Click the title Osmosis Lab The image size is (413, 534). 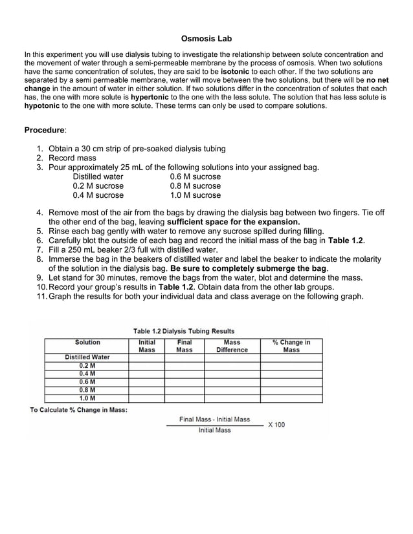point(206,39)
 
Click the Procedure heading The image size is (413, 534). point(45,130)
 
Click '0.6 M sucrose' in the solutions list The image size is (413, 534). point(195,176)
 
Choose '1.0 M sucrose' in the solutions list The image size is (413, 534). point(195,195)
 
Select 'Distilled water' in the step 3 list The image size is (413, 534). point(98,176)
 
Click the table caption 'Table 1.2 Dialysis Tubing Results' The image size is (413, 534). point(184,331)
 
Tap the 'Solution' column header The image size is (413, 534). point(87,343)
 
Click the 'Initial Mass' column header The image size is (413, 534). point(146,346)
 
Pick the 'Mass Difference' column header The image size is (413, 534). point(232,346)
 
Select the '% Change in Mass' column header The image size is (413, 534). point(291,346)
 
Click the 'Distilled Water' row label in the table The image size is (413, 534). point(87,357)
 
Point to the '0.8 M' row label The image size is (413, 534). point(87,390)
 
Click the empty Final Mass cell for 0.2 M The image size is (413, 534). point(184,365)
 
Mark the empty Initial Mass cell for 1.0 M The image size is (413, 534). point(146,398)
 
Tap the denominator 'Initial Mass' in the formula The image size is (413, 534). point(214,430)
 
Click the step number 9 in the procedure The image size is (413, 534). point(40,278)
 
